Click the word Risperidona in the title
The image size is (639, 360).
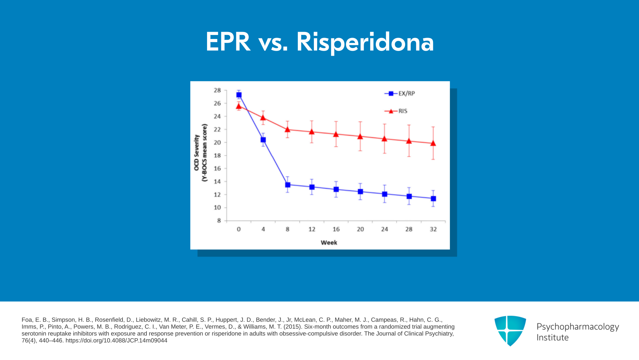[x=365, y=42]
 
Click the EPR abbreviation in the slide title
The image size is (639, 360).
[x=228, y=42]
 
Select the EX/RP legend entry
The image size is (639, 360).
[x=400, y=94]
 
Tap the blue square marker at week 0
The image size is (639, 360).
[x=239, y=95]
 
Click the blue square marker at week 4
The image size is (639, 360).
[x=263, y=140]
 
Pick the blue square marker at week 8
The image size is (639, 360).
[x=288, y=185]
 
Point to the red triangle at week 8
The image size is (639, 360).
[x=288, y=129]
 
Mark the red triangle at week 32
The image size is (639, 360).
[x=433, y=143]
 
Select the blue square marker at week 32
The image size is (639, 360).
[x=433, y=199]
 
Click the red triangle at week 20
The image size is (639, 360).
[x=360, y=136]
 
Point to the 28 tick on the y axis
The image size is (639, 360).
[x=217, y=90]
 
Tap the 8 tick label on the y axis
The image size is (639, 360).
[x=219, y=220]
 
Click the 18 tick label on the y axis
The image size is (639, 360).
[x=217, y=155]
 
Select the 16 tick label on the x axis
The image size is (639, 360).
[x=336, y=229]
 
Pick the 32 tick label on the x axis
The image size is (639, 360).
[x=433, y=229]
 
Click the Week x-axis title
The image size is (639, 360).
[x=329, y=243]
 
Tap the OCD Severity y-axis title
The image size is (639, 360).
[x=197, y=153]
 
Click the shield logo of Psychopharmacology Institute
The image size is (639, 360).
[x=510, y=331]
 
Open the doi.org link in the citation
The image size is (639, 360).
[x=116, y=341]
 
